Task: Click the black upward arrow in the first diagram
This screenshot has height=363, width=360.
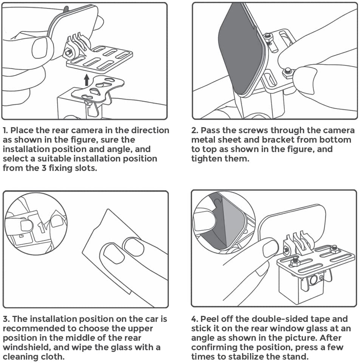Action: click(x=87, y=80)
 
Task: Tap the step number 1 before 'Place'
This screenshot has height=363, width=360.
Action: click(x=5, y=131)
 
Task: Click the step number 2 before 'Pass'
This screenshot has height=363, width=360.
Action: click(x=194, y=131)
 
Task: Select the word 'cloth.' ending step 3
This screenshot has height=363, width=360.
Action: click(x=48, y=357)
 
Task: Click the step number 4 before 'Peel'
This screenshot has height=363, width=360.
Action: click(x=194, y=319)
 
